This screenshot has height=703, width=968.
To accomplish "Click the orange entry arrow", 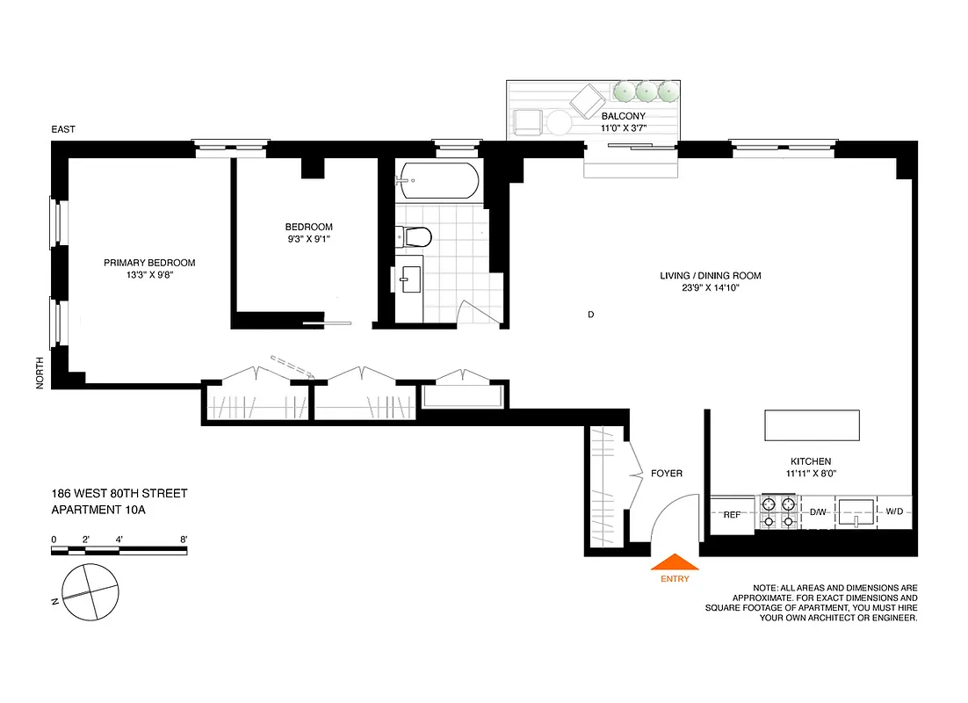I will tap(674, 562).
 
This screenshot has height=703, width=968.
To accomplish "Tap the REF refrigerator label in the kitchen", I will tap(732, 513).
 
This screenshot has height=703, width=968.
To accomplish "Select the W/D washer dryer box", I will tap(894, 511).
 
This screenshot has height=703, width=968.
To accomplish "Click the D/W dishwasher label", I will tap(817, 511).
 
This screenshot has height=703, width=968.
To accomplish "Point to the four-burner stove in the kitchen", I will tap(778, 512).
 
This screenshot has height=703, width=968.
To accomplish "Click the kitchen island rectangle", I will tap(813, 425).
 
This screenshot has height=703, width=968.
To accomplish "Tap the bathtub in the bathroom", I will tap(438, 182).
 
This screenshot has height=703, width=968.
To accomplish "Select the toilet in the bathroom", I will tap(414, 236).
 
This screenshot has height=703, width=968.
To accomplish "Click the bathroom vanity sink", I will tap(409, 282).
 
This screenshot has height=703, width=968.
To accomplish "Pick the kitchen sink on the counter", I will tap(856, 511).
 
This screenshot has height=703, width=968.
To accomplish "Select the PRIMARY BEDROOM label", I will tap(149, 263).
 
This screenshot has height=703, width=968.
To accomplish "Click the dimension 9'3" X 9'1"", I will tap(309, 237).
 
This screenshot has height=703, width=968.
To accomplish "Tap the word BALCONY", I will tap(623, 116).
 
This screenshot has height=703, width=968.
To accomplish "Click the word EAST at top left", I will tap(63, 129).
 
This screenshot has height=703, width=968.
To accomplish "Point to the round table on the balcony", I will tap(559, 121).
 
